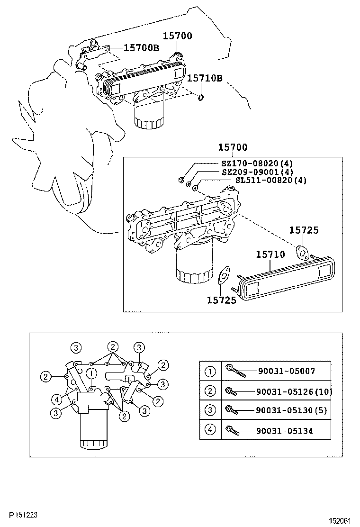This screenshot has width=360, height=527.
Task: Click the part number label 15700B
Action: (141, 48)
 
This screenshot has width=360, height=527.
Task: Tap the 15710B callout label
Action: (205, 78)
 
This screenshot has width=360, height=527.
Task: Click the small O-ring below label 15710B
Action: (200, 98)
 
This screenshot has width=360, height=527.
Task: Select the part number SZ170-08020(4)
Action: (257, 164)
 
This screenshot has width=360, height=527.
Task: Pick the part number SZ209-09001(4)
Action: (258, 172)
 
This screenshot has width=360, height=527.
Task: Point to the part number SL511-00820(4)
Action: (270, 180)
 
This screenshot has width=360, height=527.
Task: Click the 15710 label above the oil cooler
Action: (270, 254)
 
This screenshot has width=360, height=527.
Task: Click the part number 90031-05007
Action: (287, 371)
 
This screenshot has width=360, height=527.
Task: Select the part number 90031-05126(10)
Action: (294, 391)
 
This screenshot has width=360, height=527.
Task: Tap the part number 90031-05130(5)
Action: (291, 410)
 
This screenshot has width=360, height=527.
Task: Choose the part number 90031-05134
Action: (284, 431)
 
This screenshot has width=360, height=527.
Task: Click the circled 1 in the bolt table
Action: (210, 372)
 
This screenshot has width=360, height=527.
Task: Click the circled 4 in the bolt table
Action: (210, 429)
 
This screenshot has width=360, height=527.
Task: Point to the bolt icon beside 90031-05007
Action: (236, 371)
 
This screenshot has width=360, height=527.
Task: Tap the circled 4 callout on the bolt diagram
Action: (57, 400)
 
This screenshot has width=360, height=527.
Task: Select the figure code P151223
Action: (23, 515)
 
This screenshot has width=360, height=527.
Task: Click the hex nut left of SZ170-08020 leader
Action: (180, 179)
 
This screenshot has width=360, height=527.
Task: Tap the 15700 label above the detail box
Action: (233, 147)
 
